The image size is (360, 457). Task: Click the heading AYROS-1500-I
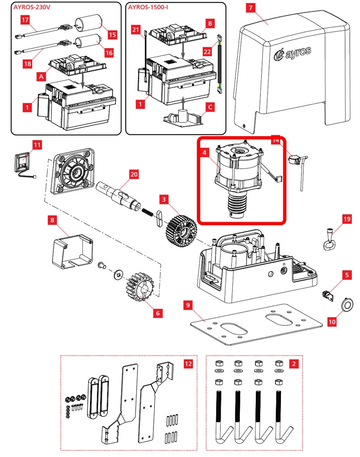(149, 8)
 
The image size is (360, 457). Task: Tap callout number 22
(207, 52)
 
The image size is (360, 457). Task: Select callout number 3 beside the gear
(163, 199)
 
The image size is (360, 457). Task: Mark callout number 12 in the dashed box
(188, 364)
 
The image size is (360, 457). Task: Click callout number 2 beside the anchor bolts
(294, 364)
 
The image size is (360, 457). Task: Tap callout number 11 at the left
(37, 145)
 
